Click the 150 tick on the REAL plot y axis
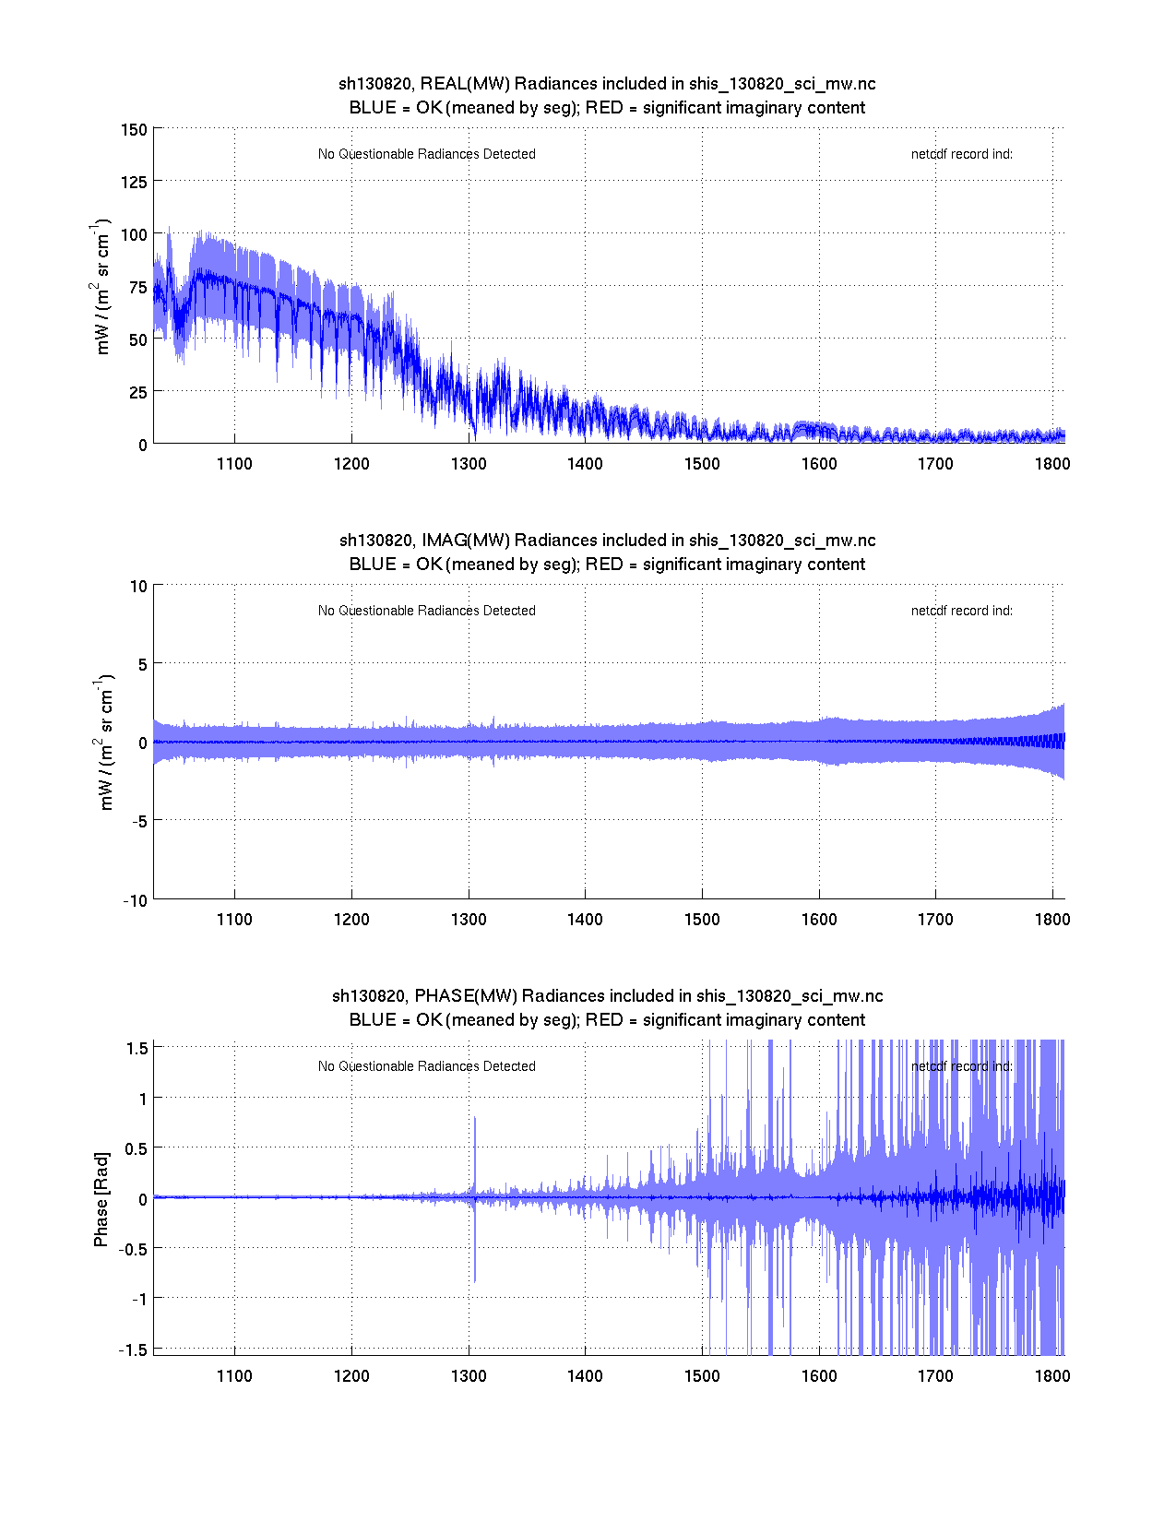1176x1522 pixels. pyautogui.click(x=134, y=129)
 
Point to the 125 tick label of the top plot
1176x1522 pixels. pyautogui.click(x=134, y=182)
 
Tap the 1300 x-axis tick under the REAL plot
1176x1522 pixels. pyautogui.click(x=469, y=463)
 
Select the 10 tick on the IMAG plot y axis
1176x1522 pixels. pyautogui.click(x=138, y=586)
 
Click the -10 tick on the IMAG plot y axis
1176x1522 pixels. pyautogui.click(x=135, y=901)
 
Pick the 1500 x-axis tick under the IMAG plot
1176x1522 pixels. pyautogui.click(x=702, y=919)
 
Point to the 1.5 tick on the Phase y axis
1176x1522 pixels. pyautogui.click(x=137, y=1048)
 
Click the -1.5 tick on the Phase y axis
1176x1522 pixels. pyautogui.click(x=134, y=1350)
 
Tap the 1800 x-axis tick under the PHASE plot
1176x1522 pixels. pyautogui.click(x=1052, y=1375)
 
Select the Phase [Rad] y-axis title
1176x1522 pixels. pyautogui.click(x=101, y=1199)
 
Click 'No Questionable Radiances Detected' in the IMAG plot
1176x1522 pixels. pyautogui.click(x=426, y=611)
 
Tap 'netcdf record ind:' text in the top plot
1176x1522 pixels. pyautogui.click(x=961, y=154)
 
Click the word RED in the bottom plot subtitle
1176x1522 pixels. pyautogui.click(x=604, y=1020)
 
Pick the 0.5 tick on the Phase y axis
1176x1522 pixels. pyautogui.click(x=136, y=1148)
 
